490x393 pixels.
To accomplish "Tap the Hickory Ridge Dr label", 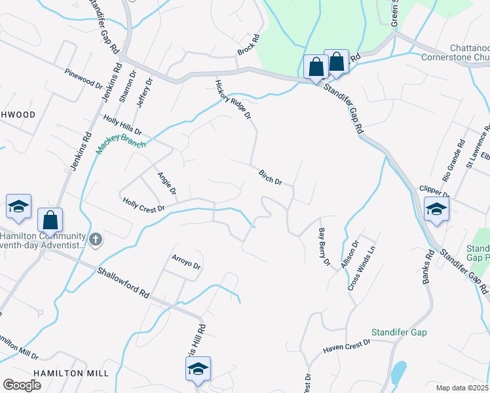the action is [234, 100].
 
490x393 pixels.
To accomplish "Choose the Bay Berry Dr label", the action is [324, 247].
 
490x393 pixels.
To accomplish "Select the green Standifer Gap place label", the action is [399, 333].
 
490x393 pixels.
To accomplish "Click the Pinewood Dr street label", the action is [84, 80].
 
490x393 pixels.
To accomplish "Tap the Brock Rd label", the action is [249, 45].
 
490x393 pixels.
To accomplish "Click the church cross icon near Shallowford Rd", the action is [96, 239].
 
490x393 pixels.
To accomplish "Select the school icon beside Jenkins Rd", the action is [19, 206].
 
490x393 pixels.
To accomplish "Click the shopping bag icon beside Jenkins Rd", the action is [50, 219].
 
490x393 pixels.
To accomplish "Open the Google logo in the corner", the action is [22, 385].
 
